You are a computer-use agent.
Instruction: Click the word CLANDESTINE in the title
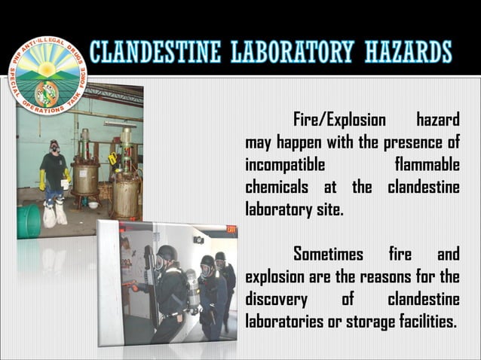click(x=147, y=52)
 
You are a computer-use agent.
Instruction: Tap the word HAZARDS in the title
click(x=409, y=52)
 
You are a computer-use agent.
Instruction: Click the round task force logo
click(x=47, y=75)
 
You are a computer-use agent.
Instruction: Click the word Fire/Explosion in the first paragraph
click(x=339, y=120)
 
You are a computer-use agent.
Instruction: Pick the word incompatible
click(x=285, y=163)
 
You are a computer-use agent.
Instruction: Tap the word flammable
click(x=427, y=163)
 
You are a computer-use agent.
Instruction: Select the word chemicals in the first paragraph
click(x=277, y=186)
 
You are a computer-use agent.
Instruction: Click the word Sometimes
click(x=328, y=254)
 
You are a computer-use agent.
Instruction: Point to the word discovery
click(x=276, y=299)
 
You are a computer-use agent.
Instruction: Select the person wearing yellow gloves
click(x=54, y=177)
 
